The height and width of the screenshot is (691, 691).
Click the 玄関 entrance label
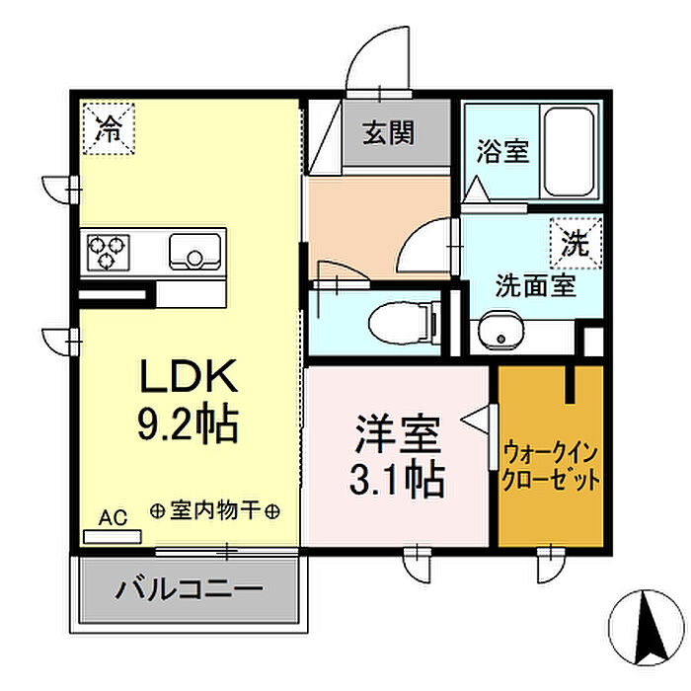click(388, 132)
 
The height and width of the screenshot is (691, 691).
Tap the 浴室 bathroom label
click(502, 151)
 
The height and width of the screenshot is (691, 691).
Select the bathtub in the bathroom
click(569, 152)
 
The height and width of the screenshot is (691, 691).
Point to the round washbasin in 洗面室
click(501, 334)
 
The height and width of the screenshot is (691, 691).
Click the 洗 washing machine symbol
click(576, 243)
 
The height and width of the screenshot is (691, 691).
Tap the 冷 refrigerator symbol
click(109, 128)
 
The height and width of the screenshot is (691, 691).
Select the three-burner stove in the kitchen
click(109, 252)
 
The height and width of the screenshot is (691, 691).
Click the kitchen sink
click(195, 252)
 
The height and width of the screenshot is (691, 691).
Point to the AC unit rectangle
click(113, 537)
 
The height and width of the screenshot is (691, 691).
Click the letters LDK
click(189, 376)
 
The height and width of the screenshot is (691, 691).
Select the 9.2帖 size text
click(189, 423)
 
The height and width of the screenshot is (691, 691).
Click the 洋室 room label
click(398, 434)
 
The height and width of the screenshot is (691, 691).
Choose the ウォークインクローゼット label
click(551, 467)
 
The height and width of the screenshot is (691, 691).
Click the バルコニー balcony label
click(190, 588)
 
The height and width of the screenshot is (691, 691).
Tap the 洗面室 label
click(535, 285)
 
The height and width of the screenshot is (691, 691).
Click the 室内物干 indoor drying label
click(214, 511)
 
